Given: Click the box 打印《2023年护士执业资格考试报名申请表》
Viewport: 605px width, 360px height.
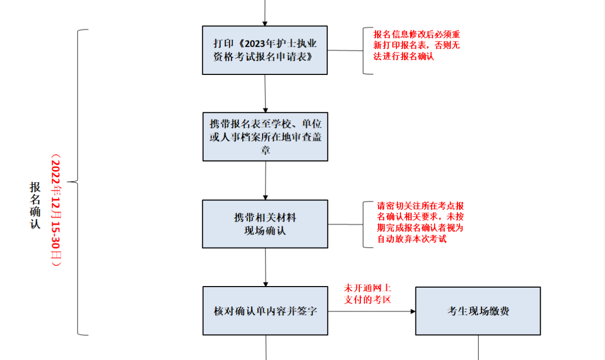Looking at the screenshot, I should click(264, 50).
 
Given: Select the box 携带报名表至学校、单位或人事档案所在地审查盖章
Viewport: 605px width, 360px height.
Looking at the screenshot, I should click(265, 137).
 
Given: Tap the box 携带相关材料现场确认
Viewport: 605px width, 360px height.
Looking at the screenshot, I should click(265, 224).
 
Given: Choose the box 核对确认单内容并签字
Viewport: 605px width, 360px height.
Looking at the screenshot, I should click(265, 311).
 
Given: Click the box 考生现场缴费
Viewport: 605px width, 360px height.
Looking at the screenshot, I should click(478, 311).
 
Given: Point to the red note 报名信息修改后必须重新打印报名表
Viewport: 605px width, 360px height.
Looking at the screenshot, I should click(417, 46).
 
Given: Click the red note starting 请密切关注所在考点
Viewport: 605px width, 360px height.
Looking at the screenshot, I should click(420, 223).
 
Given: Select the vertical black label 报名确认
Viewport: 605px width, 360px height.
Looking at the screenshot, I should click(35, 205).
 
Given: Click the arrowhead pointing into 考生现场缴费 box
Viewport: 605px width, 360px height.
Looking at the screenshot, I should click(412, 311).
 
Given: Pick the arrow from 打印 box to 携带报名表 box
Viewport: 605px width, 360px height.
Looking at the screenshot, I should click(265, 94).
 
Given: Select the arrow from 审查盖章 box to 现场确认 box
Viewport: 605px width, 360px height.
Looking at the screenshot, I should click(265, 180).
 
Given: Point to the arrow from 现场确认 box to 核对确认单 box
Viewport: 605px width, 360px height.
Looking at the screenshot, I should click(265, 267).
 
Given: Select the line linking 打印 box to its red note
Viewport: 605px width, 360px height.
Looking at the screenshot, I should click(345, 50).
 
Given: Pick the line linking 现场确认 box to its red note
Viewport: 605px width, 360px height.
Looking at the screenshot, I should click(345, 224).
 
